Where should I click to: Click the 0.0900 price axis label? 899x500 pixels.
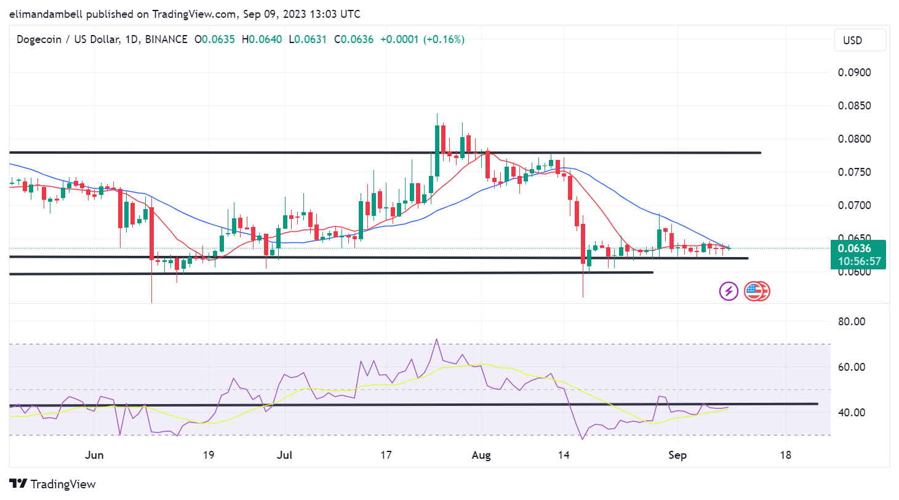tap(854, 73)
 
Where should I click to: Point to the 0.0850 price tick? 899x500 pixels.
tap(854, 106)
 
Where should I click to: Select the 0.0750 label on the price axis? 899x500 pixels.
tap(854, 172)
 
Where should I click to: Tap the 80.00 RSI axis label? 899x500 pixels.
tap(852, 322)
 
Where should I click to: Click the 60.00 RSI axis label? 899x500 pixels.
tap(852, 367)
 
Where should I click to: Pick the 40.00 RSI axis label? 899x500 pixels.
tap(852, 413)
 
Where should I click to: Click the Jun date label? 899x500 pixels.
tap(94, 455)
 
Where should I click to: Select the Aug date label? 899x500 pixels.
tap(481, 455)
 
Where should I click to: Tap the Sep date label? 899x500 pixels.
tap(677, 455)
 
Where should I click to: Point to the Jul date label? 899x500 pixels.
tap(284, 455)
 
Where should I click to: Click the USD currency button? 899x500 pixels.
tap(860, 41)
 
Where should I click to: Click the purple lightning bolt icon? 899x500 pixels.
tap(729, 291)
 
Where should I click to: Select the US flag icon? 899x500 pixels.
tap(754, 291)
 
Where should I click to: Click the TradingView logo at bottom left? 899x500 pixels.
tap(53, 485)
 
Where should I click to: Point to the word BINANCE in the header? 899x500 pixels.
tap(166, 39)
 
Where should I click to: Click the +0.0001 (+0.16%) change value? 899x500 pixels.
tap(422, 39)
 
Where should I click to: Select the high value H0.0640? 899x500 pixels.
tap(262, 39)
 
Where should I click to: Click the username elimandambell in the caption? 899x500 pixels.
tap(46, 14)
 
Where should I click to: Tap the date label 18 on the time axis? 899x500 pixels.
tap(785, 455)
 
